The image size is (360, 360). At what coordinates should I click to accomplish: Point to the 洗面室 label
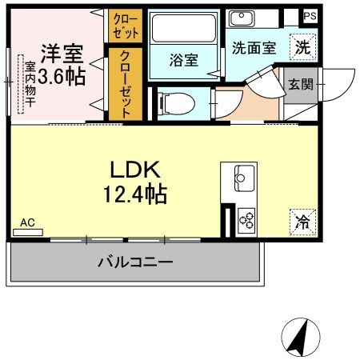pos(254,47)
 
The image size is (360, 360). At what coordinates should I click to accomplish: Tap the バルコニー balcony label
pos(135,262)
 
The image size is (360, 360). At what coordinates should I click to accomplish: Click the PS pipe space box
pos(310,15)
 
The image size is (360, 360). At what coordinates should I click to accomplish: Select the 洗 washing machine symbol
pos(302,46)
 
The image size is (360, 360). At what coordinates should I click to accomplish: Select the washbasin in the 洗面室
pos(241,18)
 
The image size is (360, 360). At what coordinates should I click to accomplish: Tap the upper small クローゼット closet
pos(125,26)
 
